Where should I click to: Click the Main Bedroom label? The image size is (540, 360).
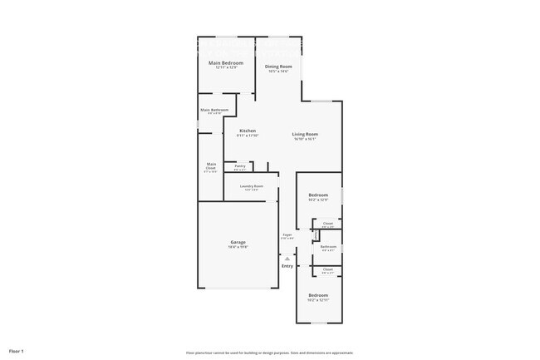click(x=226, y=63)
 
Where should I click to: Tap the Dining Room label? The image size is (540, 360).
click(x=278, y=67)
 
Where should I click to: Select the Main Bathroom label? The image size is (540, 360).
click(x=214, y=110)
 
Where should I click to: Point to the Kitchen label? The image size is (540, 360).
click(x=248, y=131)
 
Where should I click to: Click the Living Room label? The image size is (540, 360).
click(x=305, y=134)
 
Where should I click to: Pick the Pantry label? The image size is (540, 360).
click(x=239, y=165)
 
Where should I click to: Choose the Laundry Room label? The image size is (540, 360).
click(x=252, y=186)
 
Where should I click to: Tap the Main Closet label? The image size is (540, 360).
click(x=211, y=165)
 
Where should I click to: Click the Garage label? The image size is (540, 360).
click(x=238, y=242)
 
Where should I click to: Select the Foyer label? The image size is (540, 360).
click(x=287, y=235)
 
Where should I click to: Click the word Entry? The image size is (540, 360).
click(x=287, y=266)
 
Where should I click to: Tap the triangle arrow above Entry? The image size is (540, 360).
click(x=287, y=259)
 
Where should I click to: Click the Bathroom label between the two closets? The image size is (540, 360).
click(x=328, y=246)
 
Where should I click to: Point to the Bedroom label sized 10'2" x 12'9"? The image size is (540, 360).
click(x=318, y=195)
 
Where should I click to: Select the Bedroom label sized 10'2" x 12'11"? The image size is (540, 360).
click(x=318, y=295)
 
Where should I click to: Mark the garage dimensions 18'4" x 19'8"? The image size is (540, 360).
click(x=238, y=247)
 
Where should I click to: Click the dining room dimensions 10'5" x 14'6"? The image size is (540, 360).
click(x=278, y=72)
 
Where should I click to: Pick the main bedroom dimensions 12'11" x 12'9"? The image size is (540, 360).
click(x=226, y=68)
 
